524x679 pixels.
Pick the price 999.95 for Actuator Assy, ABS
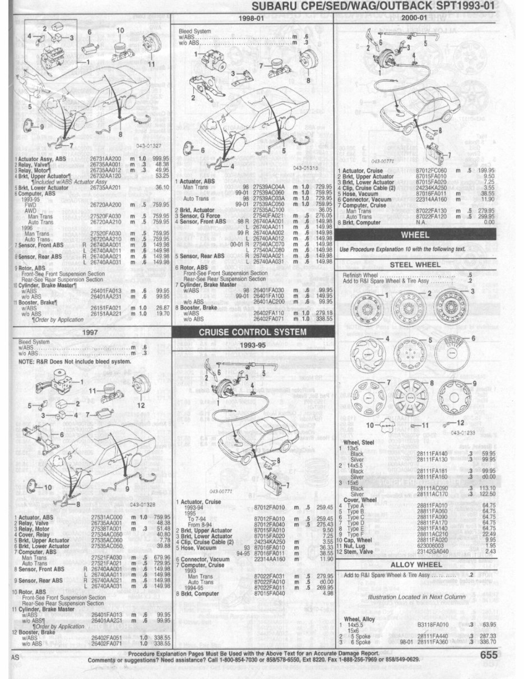(159, 159)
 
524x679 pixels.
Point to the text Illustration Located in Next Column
(417, 597)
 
